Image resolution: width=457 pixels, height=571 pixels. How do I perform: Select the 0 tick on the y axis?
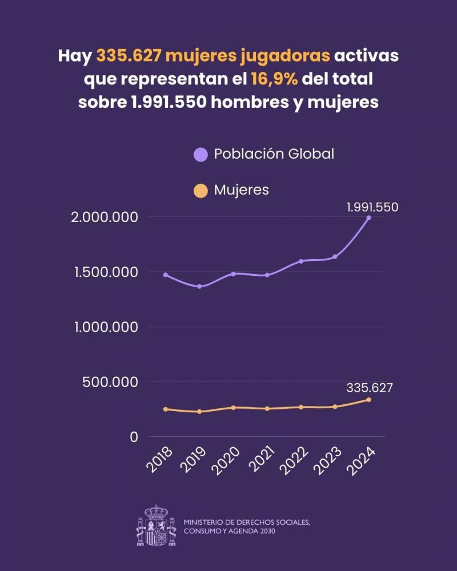[134, 437]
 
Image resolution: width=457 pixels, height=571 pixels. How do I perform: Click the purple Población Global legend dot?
[201, 154]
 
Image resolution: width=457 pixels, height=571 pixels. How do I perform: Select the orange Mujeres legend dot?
[201, 190]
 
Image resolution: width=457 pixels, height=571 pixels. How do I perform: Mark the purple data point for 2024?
[368, 218]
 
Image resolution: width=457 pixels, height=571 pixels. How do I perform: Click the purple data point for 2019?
[199, 286]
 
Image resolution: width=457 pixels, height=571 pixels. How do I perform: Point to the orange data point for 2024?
[368, 400]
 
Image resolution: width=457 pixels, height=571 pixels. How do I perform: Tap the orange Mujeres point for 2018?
[166, 409]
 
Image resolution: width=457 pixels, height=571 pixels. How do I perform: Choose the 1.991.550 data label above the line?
[372, 207]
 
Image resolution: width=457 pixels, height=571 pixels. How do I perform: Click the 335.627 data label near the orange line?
[369, 388]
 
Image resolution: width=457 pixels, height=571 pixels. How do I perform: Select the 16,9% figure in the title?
[274, 79]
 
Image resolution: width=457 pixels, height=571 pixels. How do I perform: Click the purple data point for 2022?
[301, 262]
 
